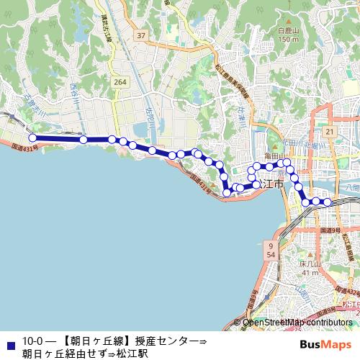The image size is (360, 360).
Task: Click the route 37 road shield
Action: pos(142,35)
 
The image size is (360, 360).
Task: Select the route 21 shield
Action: pos(329,132)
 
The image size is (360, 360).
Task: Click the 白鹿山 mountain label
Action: pos(288,32)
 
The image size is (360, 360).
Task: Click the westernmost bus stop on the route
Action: pos(32,139)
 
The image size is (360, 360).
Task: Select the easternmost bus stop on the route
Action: pos(328,202)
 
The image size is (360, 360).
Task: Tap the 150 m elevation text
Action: pos(288,40)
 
